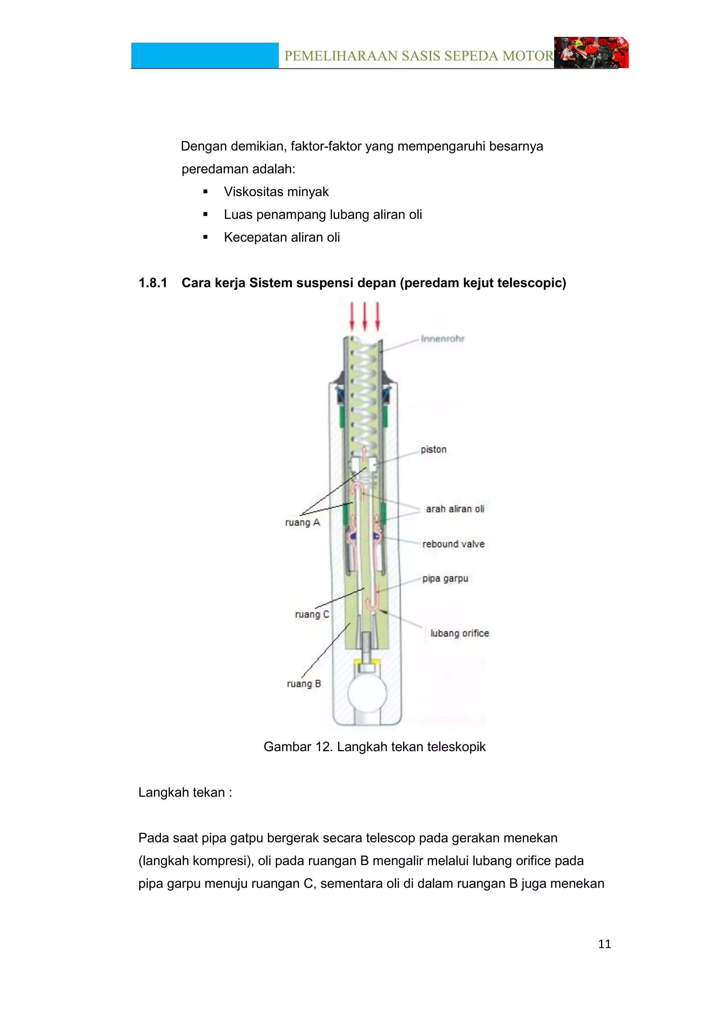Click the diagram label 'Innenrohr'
(x=442, y=339)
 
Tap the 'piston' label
(x=433, y=450)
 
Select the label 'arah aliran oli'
(x=455, y=509)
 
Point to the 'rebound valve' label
(x=453, y=544)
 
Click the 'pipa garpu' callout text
(x=445, y=578)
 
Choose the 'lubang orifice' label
(x=460, y=633)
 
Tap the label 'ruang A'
(x=302, y=523)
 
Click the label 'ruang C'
(x=312, y=614)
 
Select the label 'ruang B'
(x=304, y=684)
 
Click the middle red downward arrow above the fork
(x=364, y=316)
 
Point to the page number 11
(x=604, y=944)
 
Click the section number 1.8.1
(x=153, y=283)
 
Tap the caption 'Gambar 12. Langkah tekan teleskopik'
(x=374, y=747)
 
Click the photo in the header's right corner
(x=591, y=52)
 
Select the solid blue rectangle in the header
(x=205, y=56)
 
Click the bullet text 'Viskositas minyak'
(x=276, y=192)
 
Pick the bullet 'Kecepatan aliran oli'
(x=282, y=237)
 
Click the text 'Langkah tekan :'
(x=185, y=792)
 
